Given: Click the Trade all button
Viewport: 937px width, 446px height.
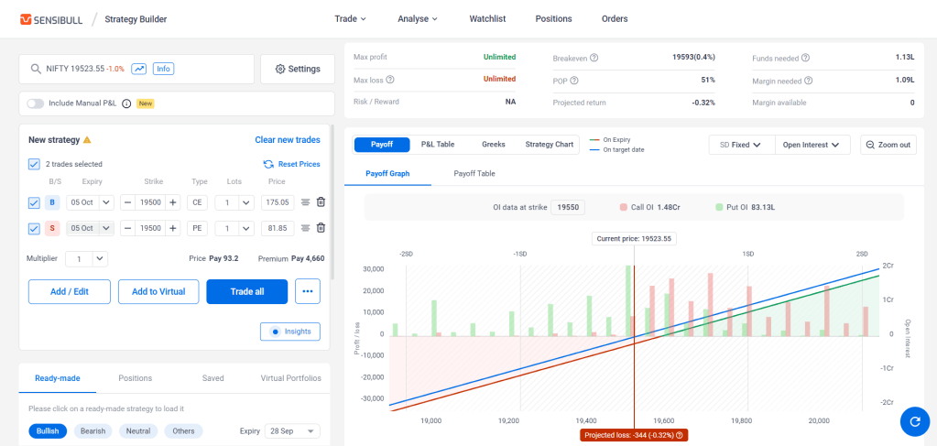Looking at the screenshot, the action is [x=246, y=292].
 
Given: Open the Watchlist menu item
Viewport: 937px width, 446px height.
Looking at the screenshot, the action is [x=487, y=18].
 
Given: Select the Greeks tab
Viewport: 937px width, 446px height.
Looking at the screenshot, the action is [x=493, y=145].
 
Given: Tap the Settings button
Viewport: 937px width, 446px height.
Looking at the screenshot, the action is [x=298, y=69].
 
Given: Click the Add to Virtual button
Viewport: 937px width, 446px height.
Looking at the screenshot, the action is [x=158, y=292].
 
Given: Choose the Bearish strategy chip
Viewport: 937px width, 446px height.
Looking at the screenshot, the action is [x=93, y=431].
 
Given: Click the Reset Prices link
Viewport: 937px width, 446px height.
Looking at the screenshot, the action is [x=291, y=164].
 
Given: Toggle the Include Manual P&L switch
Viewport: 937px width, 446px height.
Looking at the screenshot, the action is [x=35, y=103].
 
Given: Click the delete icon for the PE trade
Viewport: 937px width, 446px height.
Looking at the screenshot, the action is [x=321, y=228].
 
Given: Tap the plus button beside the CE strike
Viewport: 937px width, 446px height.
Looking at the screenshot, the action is [x=173, y=202].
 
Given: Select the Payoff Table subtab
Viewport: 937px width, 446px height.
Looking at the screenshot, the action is [x=474, y=174].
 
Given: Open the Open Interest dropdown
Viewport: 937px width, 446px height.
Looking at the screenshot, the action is [x=812, y=145].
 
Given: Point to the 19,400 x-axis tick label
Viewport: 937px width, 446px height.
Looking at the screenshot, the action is [x=587, y=421].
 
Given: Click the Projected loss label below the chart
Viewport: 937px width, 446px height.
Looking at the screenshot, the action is [x=634, y=435].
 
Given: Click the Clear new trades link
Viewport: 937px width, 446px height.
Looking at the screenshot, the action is [x=288, y=140].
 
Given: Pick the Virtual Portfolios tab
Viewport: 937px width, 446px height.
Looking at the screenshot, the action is [x=291, y=378].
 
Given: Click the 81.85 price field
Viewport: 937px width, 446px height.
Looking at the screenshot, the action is [x=278, y=228].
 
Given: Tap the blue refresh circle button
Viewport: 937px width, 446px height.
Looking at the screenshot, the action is [x=914, y=422].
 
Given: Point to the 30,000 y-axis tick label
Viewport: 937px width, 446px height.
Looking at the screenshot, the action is [x=373, y=269].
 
